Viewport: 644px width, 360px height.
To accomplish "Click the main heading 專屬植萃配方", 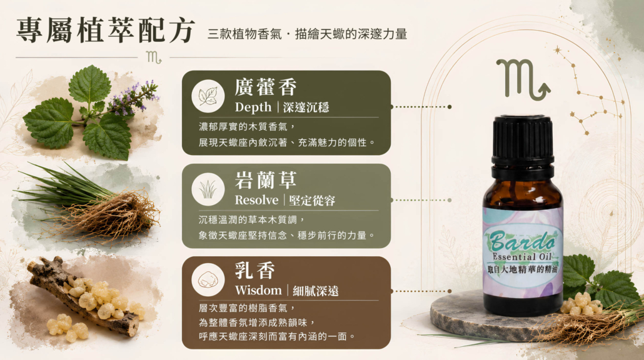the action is pos(106,31).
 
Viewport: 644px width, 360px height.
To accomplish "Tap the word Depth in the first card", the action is pos(253,107).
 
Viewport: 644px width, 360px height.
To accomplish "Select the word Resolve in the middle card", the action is pos(257,201).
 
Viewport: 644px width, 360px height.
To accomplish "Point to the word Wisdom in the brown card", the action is pos(258,290).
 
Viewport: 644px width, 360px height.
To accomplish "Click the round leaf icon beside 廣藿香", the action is pos(208,96).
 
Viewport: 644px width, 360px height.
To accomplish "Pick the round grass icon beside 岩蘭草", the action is pos(208,189).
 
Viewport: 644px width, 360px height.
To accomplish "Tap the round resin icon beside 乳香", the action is pos(208,280).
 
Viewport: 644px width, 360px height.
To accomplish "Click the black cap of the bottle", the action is pos(523,142).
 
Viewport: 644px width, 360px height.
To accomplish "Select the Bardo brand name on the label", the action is pos(522,241).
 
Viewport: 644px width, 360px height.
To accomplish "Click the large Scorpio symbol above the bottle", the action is pos(523,79).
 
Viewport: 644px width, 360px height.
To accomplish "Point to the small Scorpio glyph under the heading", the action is pos(154,57).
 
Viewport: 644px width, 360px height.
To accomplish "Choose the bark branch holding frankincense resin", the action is pos(82,296).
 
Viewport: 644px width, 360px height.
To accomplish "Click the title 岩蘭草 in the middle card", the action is pos(265,180).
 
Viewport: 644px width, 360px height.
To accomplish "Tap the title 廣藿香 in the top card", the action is pos(265,87).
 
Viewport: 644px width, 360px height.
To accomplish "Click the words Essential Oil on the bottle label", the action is pos(522,256).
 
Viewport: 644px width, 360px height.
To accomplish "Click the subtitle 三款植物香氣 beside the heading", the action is pos(244,34).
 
